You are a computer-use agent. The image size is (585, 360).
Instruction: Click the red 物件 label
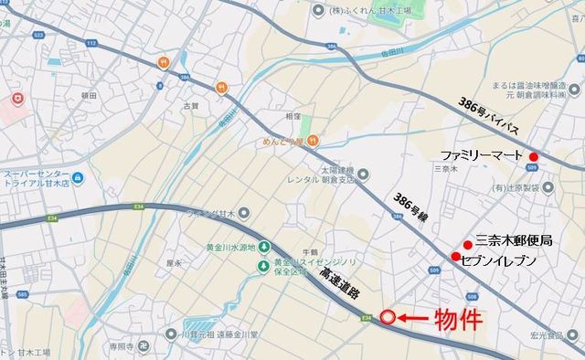pyautogui.click(x=457, y=319)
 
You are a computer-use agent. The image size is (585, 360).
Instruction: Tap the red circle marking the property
pyautogui.click(x=388, y=318)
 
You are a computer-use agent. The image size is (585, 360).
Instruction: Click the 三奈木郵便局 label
pyautogui.click(x=515, y=241)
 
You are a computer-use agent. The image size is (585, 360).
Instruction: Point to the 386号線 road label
pyautogui.click(x=409, y=211)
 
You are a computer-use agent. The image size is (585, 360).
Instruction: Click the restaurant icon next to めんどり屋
pyautogui.click(x=314, y=141)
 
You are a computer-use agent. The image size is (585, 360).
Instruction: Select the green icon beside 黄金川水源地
pyautogui.click(x=263, y=247)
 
